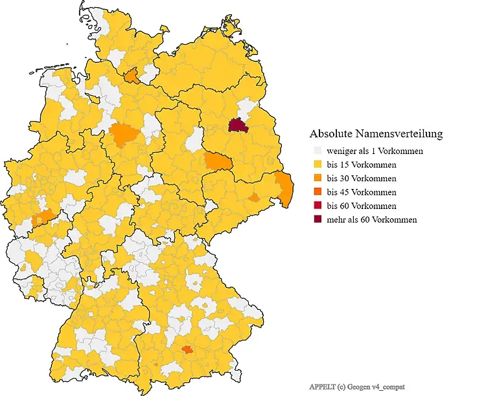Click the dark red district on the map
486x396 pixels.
[238, 126]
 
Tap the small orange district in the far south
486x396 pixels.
[187, 350]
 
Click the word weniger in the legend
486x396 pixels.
[341, 151]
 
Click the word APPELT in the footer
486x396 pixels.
[323, 387]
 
